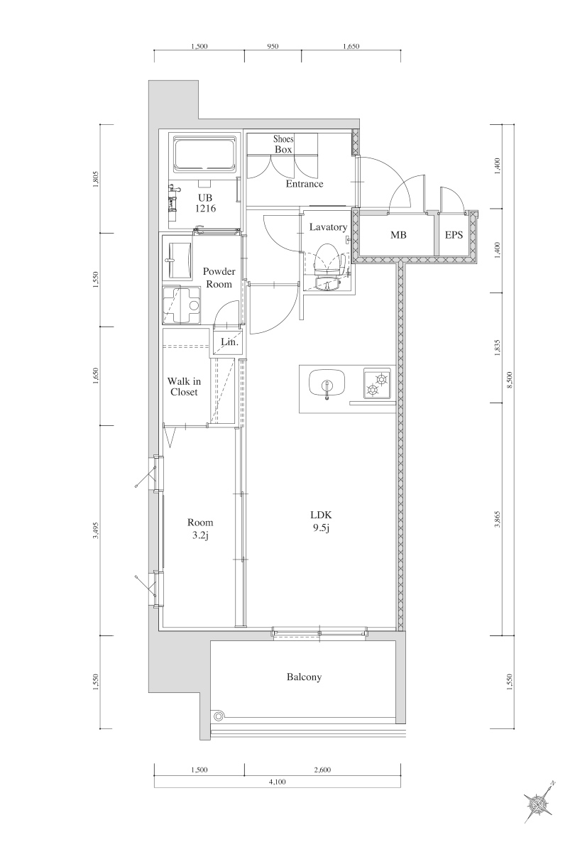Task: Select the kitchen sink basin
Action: point(327,384)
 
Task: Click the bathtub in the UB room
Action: point(204,154)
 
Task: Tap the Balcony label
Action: point(304,677)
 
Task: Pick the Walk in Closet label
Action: point(184,386)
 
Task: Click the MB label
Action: point(398,234)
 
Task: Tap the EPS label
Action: point(454,234)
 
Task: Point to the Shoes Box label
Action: point(283,144)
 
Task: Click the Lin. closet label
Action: point(229,342)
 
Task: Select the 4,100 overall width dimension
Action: point(277,782)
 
